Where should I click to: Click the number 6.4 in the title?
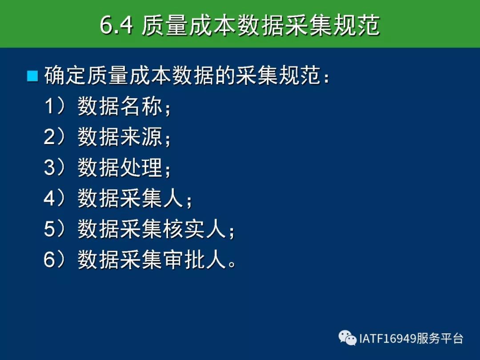pos(116,25)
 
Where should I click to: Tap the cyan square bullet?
pos(32,76)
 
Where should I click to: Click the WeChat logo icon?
pos(348,338)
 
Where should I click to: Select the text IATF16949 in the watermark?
pos(387,339)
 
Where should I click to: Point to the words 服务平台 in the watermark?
pos(439,339)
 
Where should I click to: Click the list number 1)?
pos(55,106)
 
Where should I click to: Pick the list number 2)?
pos(55,137)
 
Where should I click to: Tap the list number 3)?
pos(55,168)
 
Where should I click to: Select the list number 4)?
pos(55,198)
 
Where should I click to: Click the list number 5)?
pos(55,229)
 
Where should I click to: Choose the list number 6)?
pos(55,260)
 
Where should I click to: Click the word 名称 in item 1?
pos(141,106)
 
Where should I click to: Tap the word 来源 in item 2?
pos(141,137)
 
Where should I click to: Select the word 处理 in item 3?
pos(141,168)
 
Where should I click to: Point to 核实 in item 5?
pos(184,229)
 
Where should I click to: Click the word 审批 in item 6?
pos(184,260)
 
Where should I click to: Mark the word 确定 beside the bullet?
pos(65,75)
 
